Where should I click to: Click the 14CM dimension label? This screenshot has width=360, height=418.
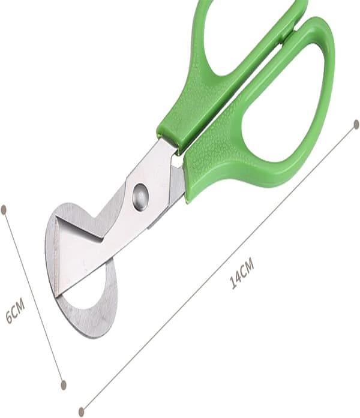coord(242,273)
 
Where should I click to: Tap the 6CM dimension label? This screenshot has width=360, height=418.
coord(16,311)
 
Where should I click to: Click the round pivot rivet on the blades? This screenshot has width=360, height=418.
coord(140,197)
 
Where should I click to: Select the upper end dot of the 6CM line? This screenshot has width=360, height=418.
coord(4,209)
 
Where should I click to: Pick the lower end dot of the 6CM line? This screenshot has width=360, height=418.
coord(64,384)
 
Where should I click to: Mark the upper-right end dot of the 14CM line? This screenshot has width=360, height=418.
coord(356,125)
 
